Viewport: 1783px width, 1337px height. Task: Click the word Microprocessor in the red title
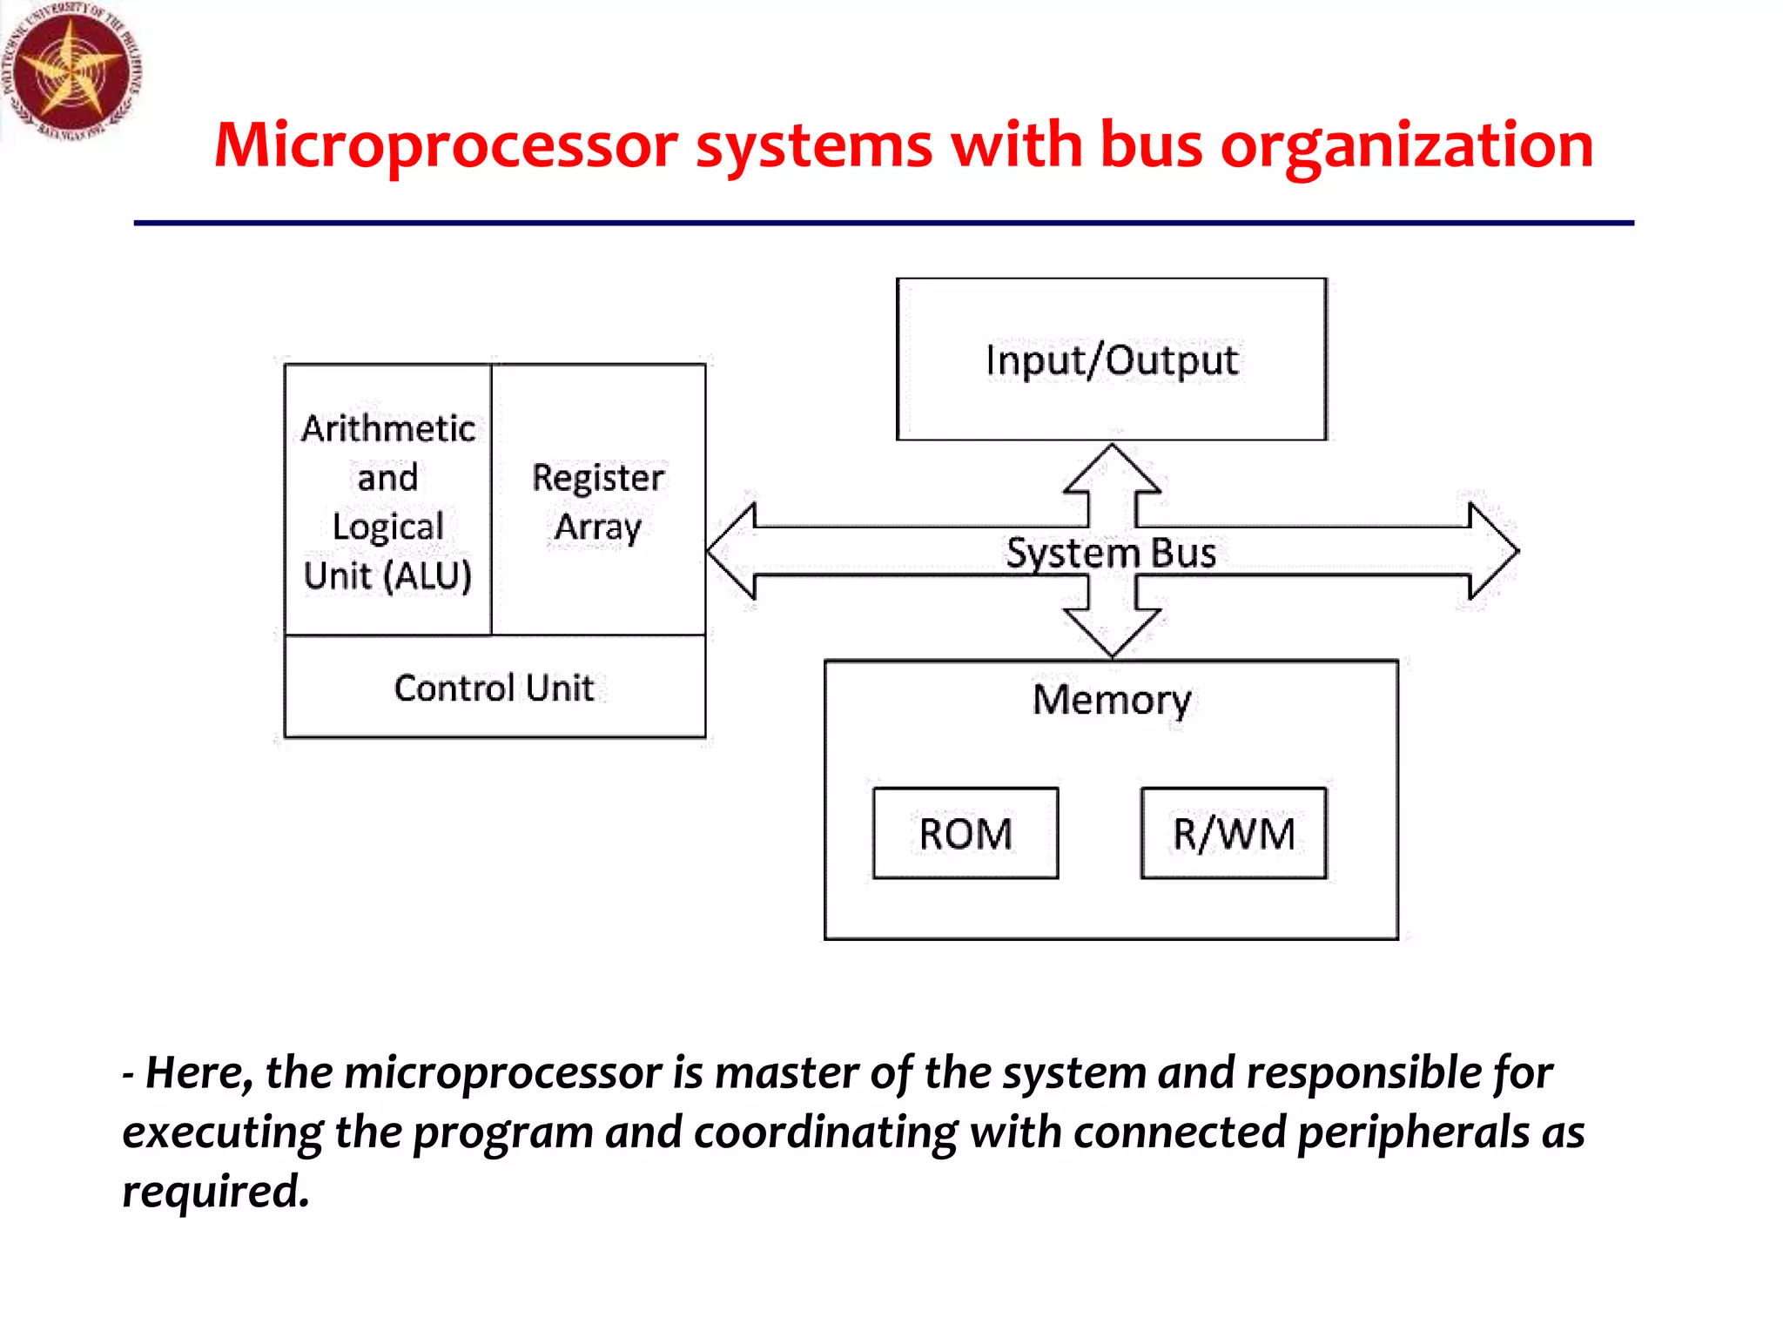[445, 145]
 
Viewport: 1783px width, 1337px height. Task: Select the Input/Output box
[1111, 359]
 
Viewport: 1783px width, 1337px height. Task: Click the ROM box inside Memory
[966, 833]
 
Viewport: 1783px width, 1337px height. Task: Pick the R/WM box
[1234, 833]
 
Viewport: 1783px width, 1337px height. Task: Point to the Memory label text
[1112, 700]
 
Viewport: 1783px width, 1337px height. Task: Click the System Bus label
[1111, 553]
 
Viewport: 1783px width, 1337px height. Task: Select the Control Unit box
[495, 688]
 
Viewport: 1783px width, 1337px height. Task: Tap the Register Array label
[598, 502]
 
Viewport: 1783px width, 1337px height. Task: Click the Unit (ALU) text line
[388, 576]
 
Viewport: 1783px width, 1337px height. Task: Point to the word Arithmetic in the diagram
[388, 428]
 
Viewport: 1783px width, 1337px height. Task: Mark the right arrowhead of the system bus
[1492, 551]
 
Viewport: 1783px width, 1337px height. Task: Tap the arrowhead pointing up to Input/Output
[1112, 470]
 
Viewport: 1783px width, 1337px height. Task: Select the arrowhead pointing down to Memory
[1112, 631]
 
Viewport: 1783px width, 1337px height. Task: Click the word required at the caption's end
[214, 1191]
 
